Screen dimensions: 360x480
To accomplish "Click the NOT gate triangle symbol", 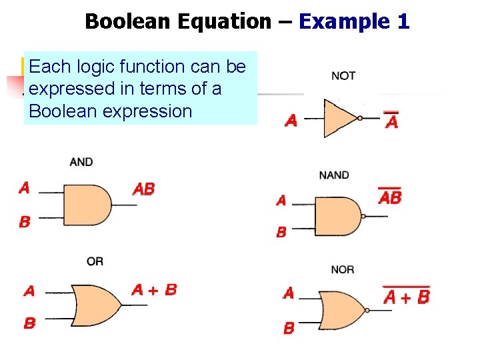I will [339, 118].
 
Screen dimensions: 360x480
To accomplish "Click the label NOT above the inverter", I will [343, 76].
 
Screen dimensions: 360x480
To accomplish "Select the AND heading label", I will [81, 162].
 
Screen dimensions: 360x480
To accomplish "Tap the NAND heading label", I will [334, 175].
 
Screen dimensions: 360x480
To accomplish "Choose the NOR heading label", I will [342, 269].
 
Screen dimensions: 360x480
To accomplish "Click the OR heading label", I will [95, 261].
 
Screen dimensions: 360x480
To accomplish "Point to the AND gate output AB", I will [144, 189].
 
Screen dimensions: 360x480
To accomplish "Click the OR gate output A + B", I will [155, 289].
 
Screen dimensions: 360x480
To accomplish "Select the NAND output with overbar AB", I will [390, 197].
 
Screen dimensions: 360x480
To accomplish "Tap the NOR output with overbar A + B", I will [406, 296].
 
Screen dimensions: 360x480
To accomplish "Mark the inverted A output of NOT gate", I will [392, 122].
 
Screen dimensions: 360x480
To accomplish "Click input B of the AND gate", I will [25, 222].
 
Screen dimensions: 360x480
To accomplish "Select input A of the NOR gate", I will [289, 293].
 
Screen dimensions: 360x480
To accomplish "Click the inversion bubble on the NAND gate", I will [363, 217].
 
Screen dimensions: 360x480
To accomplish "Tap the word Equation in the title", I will [223, 21].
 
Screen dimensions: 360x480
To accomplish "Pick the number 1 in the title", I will [403, 21].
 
